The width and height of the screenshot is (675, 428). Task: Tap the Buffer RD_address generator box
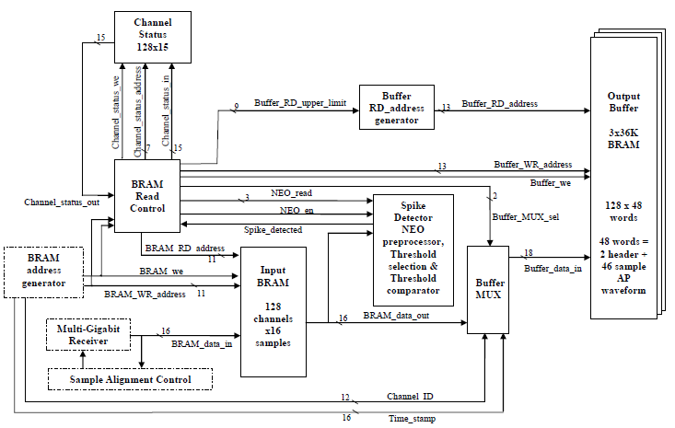click(x=396, y=108)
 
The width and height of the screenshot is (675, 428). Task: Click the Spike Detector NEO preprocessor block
click(x=413, y=249)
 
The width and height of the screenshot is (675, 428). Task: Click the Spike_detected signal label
click(x=273, y=229)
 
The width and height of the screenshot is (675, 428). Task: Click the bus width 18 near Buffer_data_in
click(x=528, y=252)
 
